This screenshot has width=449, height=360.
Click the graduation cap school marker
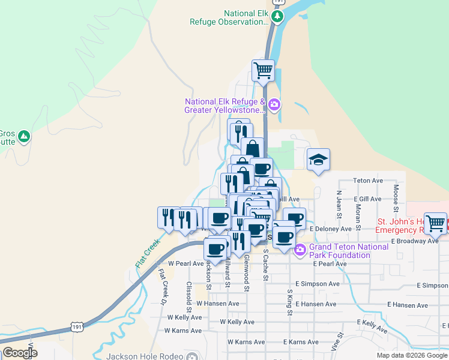pyautogui.click(x=318, y=160)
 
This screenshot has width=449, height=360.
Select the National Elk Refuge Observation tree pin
pyautogui.click(x=277, y=16)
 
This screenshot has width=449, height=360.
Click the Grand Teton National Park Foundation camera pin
pyautogui.click(x=300, y=251)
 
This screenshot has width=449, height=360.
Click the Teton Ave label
pyautogui.click(x=368, y=180)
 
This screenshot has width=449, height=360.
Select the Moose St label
pyautogui.click(x=396, y=199)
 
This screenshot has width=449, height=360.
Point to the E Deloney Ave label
pyautogui.click(x=330, y=229)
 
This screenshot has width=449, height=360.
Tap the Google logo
pyautogui.click(x=20, y=352)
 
